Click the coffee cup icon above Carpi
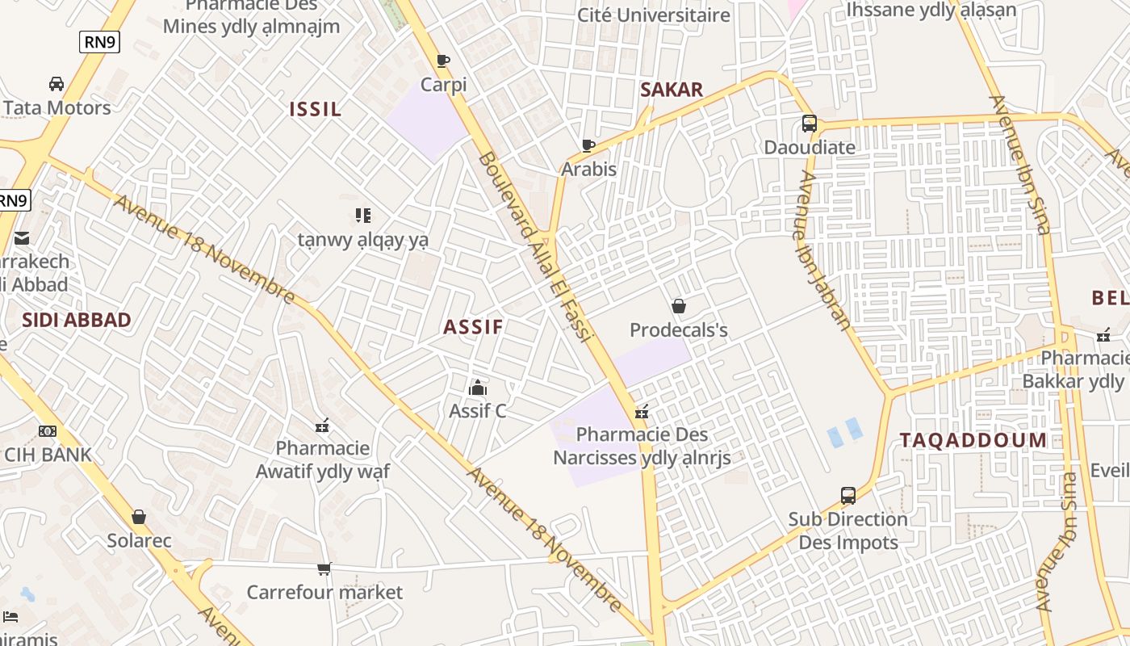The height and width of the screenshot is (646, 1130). coord(442,61)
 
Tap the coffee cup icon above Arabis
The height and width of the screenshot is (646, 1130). coord(588,145)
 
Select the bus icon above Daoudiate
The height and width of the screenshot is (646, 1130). coord(809,124)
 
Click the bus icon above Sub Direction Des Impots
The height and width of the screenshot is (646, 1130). coord(847,495)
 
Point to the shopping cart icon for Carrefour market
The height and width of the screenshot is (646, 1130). coord(324,568)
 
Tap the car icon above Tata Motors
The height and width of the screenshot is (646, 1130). coord(56,84)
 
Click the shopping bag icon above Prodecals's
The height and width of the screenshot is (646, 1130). coord(678,306)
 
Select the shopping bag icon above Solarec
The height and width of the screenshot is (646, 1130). coord(139,517)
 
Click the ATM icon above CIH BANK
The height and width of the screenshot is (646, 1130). coord(48,431)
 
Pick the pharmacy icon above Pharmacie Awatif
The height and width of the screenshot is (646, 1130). coord(322,425)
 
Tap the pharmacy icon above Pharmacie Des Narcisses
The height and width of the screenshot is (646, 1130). coord(642,412)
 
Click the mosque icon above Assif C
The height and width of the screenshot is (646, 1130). coord(478,388)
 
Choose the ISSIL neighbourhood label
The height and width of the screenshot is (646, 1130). coord(316,110)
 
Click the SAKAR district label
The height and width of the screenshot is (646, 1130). coord(672,90)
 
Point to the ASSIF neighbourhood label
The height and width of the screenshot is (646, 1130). coord(473,327)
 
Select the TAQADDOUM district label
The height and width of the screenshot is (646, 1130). coord(973,440)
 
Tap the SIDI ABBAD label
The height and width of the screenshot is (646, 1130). coord(77,320)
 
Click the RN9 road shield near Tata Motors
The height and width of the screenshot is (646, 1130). coord(99,42)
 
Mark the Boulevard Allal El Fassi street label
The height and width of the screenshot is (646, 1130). coord(535,246)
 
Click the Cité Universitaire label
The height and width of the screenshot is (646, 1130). coord(653,15)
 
